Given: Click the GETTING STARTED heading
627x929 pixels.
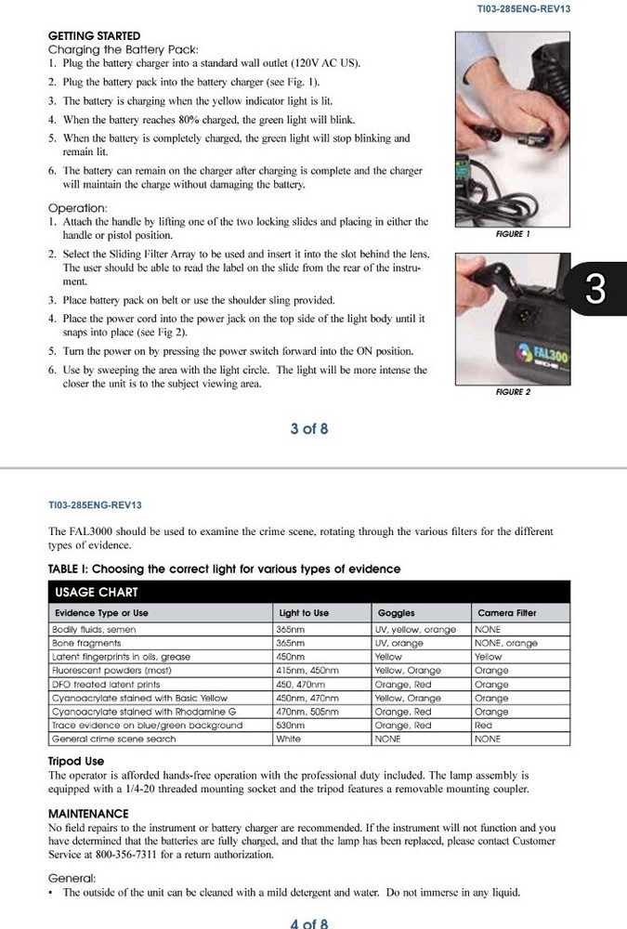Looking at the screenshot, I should click(x=94, y=35).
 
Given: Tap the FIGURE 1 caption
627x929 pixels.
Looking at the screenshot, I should click(x=513, y=235).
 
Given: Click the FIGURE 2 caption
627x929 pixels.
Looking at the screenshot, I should click(x=513, y=392).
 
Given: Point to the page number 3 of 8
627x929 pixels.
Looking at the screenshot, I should click(x=308, y=428).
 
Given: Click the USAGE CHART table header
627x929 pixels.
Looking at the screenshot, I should click(x=97, y=592).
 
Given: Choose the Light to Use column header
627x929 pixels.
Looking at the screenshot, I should click(x=304, y=613).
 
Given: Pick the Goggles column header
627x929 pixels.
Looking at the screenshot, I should click(x=396, y=613).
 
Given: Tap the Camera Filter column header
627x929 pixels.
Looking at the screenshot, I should click(x=506, y=613).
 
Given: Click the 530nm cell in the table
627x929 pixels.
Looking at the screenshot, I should click(x=291, y=725).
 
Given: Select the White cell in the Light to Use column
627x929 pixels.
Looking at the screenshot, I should click(x=288, y=739).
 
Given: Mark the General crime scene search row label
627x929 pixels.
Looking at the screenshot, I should click(x=113, y=739).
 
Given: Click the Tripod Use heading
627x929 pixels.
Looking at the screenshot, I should click(x=76, y=761).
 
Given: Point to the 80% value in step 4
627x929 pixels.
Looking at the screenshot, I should click(x=202, y=120).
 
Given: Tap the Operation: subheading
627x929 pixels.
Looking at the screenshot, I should click(x=77, y=208).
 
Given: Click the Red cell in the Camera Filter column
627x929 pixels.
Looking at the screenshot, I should click(x=483, y=725).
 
